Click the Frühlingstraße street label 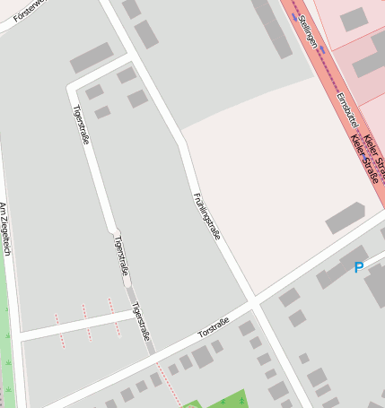point(206,215)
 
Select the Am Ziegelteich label point(5,230)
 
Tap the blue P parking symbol point(359,267)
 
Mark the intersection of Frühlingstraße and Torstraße point(254,305)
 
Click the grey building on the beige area point(345,218)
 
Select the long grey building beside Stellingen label point(272,27)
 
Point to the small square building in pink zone point(354,19)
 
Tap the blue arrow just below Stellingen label point(322,54)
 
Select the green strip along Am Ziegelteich point(7,341)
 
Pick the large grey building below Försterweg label point(92,57)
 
